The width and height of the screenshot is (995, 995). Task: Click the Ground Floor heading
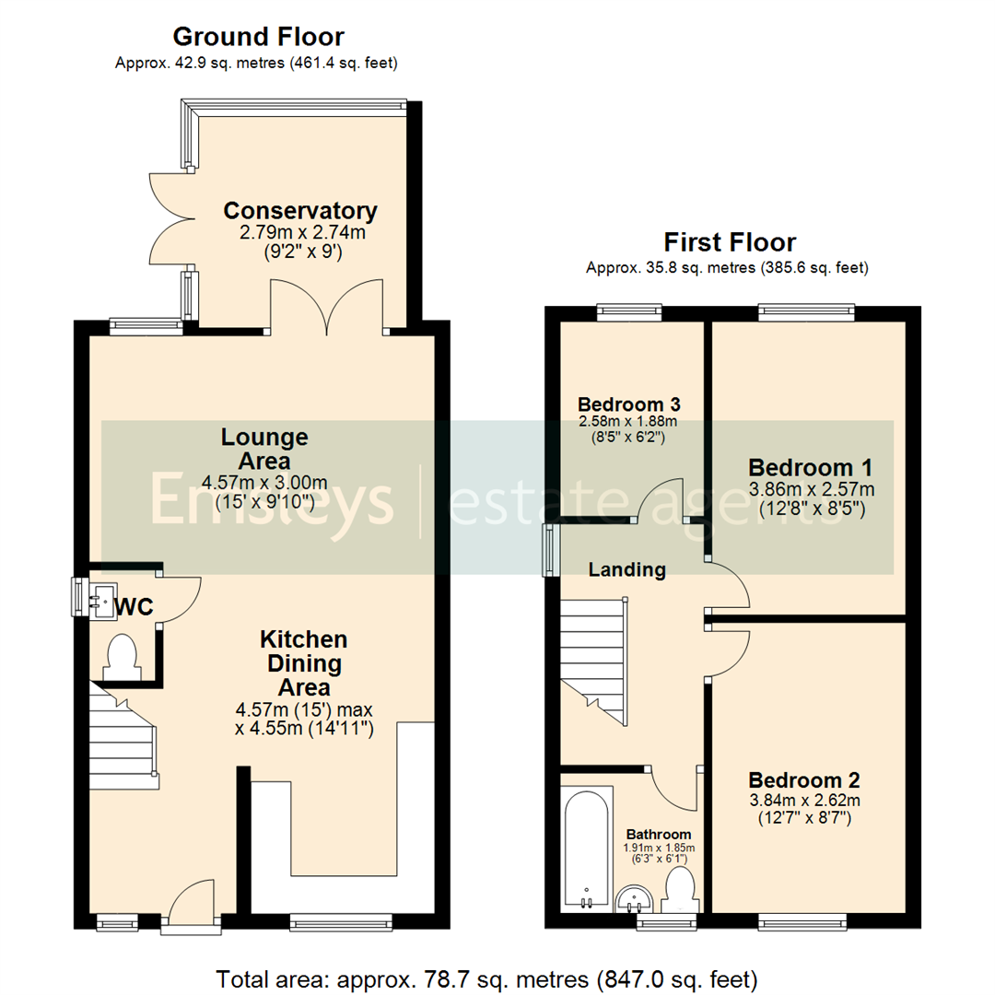258,37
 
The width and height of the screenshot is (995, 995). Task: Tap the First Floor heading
730,242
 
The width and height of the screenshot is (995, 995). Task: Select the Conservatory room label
300,211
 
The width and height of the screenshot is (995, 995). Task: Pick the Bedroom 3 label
628,404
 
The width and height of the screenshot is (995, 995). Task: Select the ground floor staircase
123,737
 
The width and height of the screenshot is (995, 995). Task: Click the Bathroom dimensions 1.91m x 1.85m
659,848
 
